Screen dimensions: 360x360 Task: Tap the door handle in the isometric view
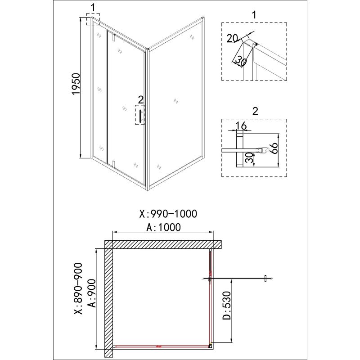[140, 116]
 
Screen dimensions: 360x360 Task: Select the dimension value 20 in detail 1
[232, 39]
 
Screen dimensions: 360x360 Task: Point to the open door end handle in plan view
[266, 279]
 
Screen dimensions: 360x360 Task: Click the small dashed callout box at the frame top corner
[93, 19]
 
